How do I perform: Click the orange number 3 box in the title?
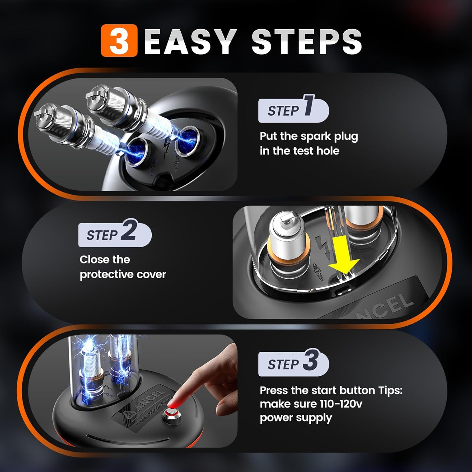click(x=119, y=41)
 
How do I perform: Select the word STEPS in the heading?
click(x=307, y=41)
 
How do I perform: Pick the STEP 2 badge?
click(x=115, y=233)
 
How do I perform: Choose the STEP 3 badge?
click(x=294, y=362)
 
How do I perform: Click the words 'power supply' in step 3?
click(x=296, y=418)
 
